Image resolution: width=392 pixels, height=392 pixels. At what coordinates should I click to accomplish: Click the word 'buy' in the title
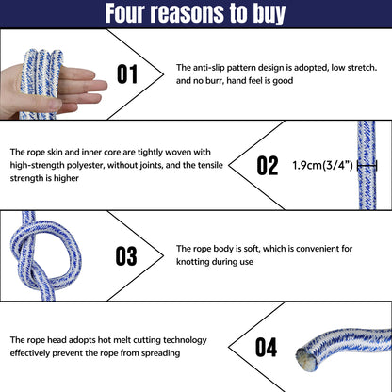[269, 14]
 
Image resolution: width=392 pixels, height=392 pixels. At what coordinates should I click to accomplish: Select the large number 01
[127, 74]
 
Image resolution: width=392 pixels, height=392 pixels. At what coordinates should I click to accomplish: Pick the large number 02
[268, 165]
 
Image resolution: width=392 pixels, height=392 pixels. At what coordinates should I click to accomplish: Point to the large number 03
[126, 255]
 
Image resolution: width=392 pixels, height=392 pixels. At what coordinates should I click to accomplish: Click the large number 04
[266, 347]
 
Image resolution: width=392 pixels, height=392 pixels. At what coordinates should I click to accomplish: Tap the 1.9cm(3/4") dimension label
[322, 165]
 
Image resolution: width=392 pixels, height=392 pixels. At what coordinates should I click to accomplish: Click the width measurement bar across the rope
[367, 166]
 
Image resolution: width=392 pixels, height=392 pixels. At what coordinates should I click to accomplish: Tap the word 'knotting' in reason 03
[191, 262]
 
